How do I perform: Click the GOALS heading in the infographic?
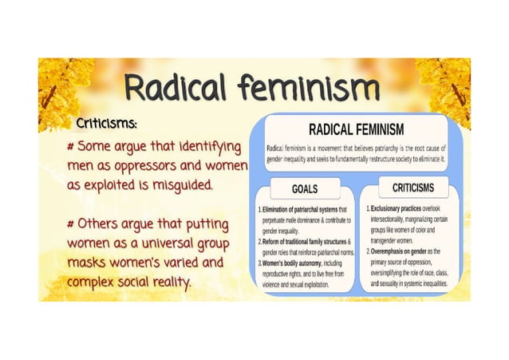[306, 188]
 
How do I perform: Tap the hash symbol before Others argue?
[72, 222]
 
